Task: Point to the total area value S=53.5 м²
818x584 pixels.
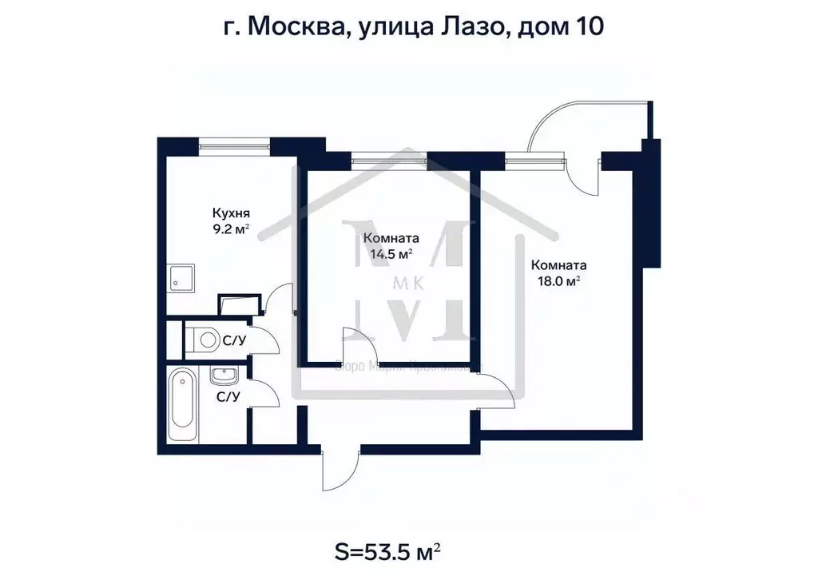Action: (x=387, y=551)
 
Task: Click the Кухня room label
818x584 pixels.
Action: (x=231, y=213)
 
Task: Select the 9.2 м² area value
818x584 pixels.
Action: (x=231, y=228)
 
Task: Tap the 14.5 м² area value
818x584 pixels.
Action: (x=387, y=254)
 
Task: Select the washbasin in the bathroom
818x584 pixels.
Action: (x=221, y=375)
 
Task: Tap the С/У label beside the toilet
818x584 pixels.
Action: (x=233, y=341)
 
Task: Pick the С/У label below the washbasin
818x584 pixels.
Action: (x=229, y=395)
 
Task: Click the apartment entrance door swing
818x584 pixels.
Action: (x=338, y=470)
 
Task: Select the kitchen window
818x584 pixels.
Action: (x=234, y=145)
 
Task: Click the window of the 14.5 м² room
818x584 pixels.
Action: (x=388, y=159)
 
